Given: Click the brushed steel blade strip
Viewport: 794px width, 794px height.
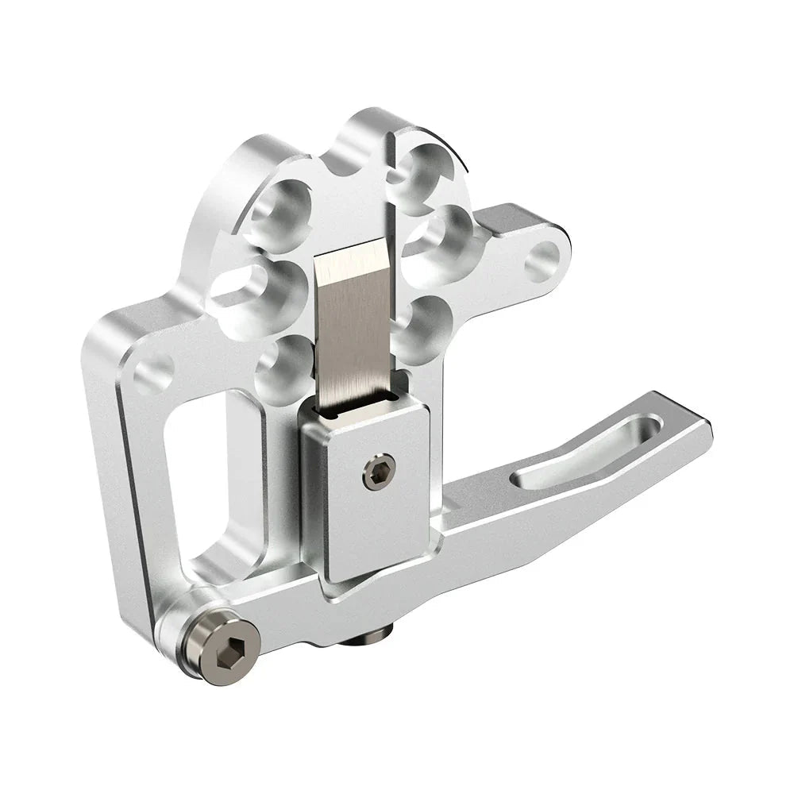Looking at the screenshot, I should [x=355, y=326].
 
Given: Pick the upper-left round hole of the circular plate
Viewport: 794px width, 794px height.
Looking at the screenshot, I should [x=280, y=210].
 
